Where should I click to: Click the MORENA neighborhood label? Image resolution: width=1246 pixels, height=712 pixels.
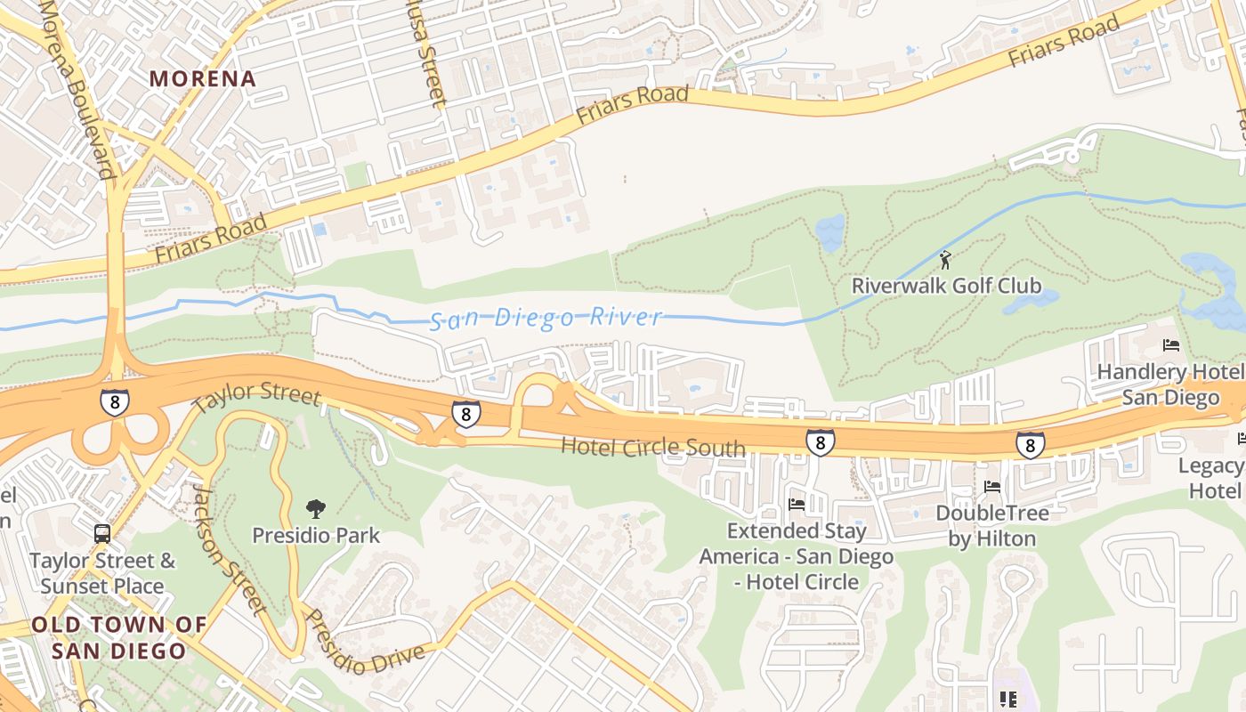[x=203, y=78]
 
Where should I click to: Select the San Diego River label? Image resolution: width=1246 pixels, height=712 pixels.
[x=546, y=318]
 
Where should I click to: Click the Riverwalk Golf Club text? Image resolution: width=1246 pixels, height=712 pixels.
[x=946, y=286]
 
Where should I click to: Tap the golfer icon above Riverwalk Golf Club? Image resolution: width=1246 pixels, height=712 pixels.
[x=945, y=260]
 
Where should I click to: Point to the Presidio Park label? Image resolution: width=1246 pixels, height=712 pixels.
[x=316, y=536]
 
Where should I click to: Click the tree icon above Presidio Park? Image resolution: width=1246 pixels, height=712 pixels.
[x=315, y=509]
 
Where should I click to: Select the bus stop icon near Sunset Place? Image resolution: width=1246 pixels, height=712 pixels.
[x=102, y=534]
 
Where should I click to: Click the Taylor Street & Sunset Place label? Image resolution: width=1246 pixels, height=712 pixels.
[x=102, y=573]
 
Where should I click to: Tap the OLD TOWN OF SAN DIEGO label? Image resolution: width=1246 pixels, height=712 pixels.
[x=119, y=637]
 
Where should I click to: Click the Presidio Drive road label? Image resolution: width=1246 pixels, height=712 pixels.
[x=364, y=643]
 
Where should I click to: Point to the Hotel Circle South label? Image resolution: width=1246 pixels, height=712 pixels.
[x=652, y=446]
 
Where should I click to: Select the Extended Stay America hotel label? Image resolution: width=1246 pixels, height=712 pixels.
[x=796, y=556]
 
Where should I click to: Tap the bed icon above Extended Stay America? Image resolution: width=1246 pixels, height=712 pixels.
[x=797, y=505]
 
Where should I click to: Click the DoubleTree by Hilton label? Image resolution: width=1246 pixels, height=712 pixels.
[x=991, y=525]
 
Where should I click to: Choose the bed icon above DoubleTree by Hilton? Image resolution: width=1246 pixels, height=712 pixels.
[x=992, y=487]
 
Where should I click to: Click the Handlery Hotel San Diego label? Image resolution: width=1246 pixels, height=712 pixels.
[x=1169, y=384]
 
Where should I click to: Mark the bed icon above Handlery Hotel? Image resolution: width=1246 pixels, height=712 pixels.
[x=1171, y=345]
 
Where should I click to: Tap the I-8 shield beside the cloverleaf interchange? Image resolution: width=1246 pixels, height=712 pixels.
[x=114, y=402]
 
